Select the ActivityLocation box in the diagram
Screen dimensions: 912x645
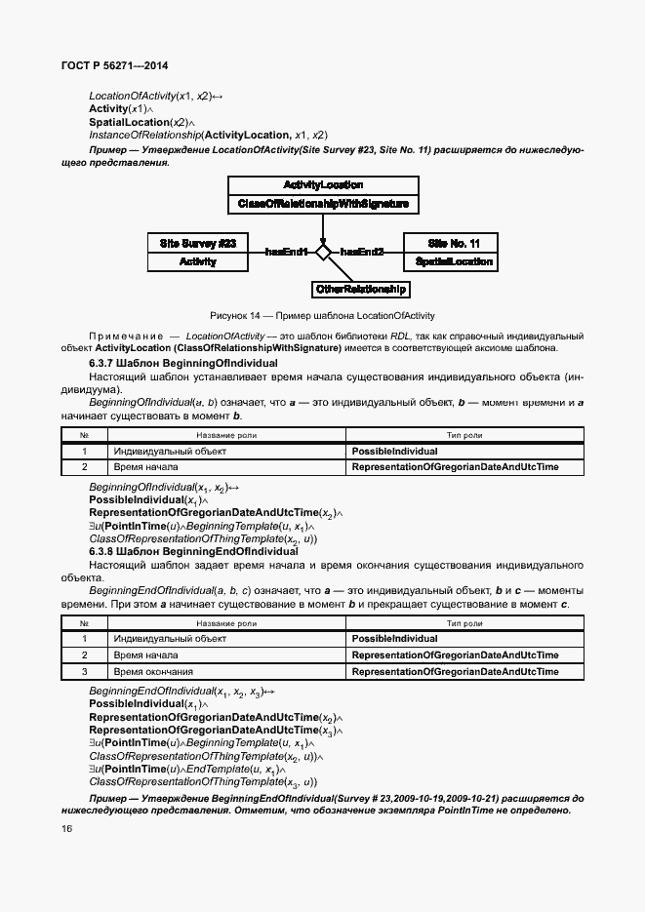(323, 185)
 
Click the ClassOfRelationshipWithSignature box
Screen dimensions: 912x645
(323, 205)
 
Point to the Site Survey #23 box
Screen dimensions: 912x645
(197, 243)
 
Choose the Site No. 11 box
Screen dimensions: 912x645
(454, 243)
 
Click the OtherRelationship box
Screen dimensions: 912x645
(361, 290)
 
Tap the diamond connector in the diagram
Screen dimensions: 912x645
(323, 253)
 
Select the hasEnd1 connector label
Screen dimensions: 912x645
(287, 253)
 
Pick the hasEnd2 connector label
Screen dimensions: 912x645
(361, 253)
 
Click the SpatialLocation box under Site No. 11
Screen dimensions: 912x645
(454, 261)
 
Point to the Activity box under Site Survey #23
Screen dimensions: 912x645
(197, 261)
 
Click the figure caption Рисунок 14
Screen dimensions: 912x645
(322, 316)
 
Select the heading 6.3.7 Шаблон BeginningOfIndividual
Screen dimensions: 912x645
(183, 363)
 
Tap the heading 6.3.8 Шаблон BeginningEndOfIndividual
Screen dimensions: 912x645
(193, 551)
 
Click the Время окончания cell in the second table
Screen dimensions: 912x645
(153, 672)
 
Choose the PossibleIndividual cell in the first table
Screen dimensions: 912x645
(394, 452)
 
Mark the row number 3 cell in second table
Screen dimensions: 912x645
(85, 672)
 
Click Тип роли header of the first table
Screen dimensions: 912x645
(464, 435)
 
